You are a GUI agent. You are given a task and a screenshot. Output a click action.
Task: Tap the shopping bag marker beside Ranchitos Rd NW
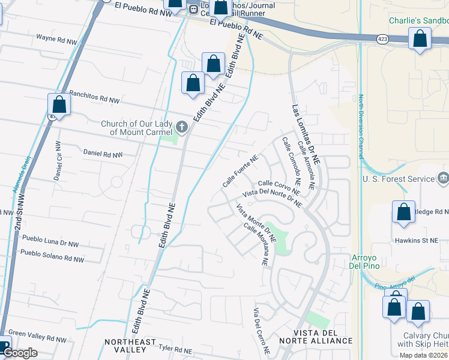59,104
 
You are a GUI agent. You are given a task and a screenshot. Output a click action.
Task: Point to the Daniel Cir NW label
58,161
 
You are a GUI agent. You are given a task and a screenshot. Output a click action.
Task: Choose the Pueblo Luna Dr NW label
50,242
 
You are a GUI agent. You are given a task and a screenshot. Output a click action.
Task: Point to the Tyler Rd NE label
175,349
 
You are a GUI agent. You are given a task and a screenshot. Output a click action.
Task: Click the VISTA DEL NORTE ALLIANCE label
322,337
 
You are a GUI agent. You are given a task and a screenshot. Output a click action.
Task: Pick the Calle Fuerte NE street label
240,171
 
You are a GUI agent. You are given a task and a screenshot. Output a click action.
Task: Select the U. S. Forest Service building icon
443,178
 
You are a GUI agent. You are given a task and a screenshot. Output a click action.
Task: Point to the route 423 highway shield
382,38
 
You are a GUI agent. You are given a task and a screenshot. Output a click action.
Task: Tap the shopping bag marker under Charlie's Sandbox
420,38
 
